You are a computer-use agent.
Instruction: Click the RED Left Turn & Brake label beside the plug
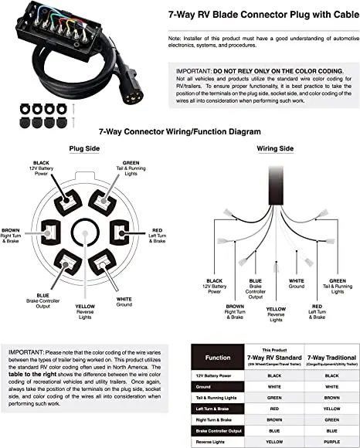158,235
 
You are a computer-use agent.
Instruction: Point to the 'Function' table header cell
218,358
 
